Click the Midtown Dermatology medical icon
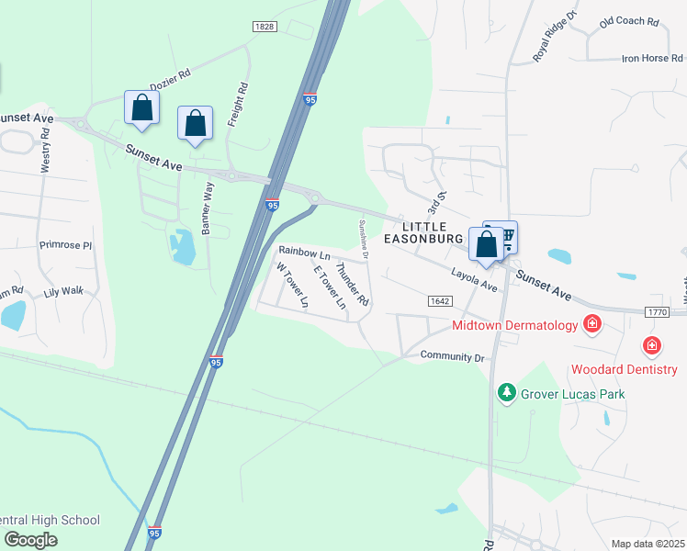click(x=592, y=324)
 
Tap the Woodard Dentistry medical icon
click(x=652, y=346)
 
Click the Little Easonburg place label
click(x=422, y=232)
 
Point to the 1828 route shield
click(x=264, y=28)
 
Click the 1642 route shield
click(x=439, y=300)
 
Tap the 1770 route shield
click(x=656, y=312)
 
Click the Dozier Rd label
click(x=170, y=76)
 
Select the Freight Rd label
click(x=238, y=106)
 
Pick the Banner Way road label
click(x=208, y=210)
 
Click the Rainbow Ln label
click(x=304, y=252)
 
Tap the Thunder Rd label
click(x=352, y=285)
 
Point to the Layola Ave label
click(x=474, y=279)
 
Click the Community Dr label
click(x=452, y=356)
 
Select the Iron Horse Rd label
click(x=652, y=59)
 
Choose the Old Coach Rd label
click(x=629, y=21)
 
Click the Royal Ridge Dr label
click(x=555, y=38)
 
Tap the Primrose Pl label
click(x=66, y=246)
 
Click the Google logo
click(x=30, y=539)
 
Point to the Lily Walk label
click(x=63, y=291)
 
